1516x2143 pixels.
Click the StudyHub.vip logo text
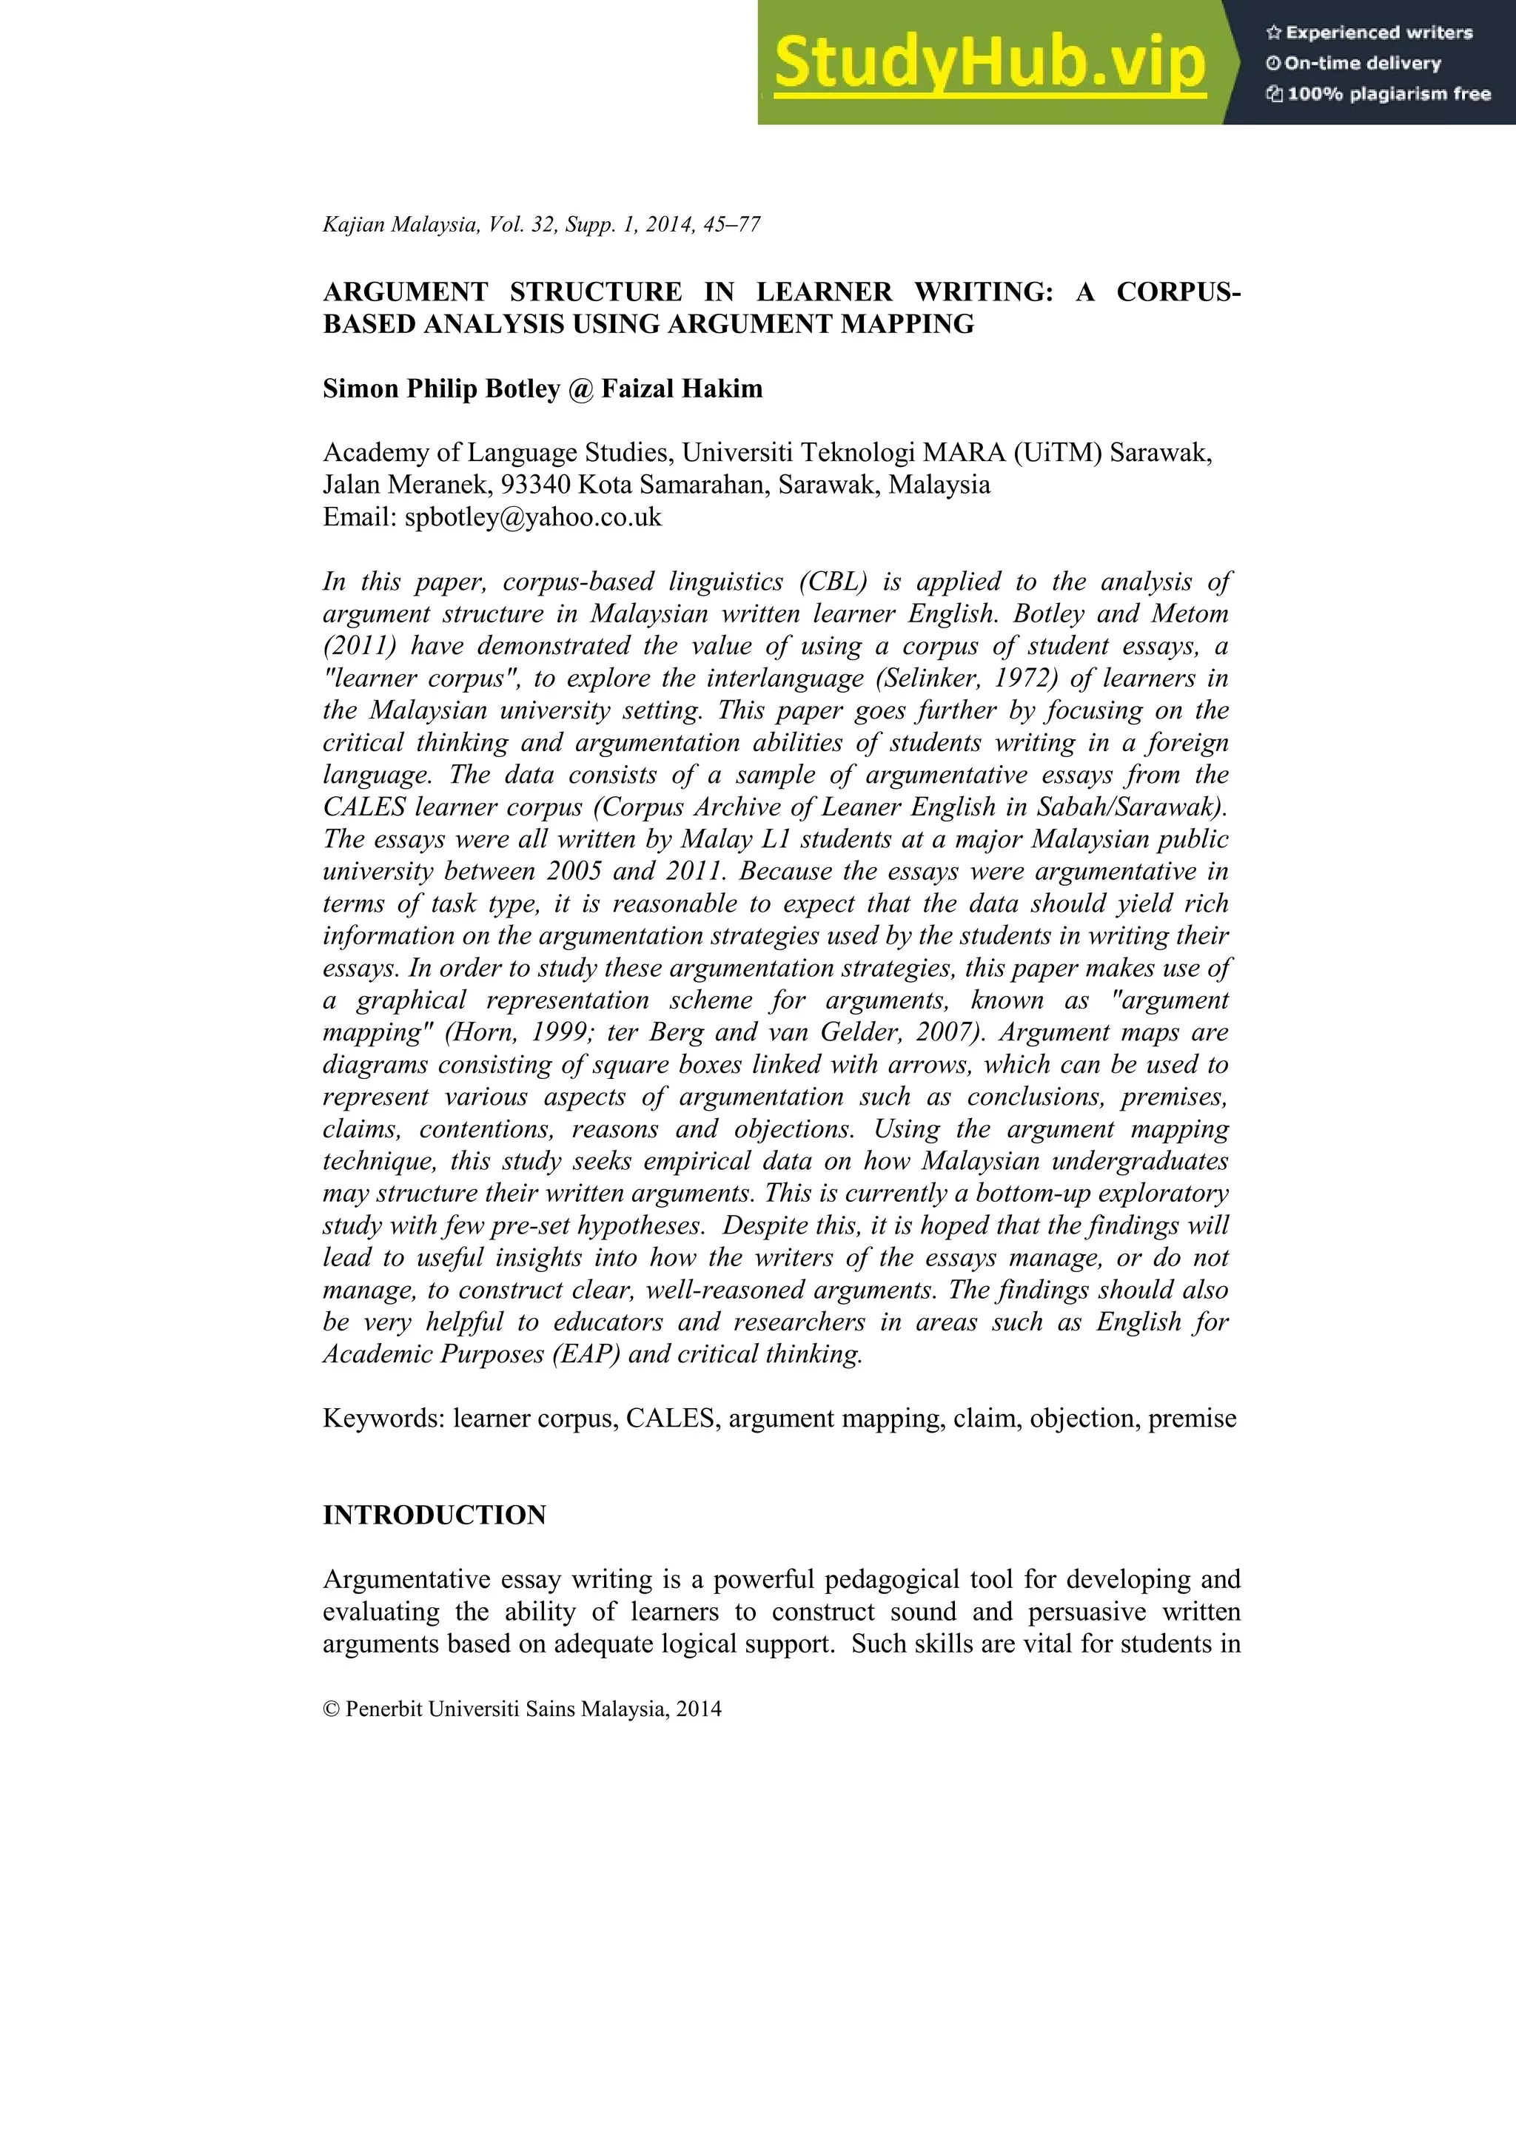[x=990, y=64]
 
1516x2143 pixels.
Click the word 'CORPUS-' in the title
[x=1178, y=292]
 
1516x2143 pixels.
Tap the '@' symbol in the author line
[x=580, y=388]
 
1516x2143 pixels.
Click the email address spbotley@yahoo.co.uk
[x=532, y=517]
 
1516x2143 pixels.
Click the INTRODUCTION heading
[x=434, y=1515]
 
